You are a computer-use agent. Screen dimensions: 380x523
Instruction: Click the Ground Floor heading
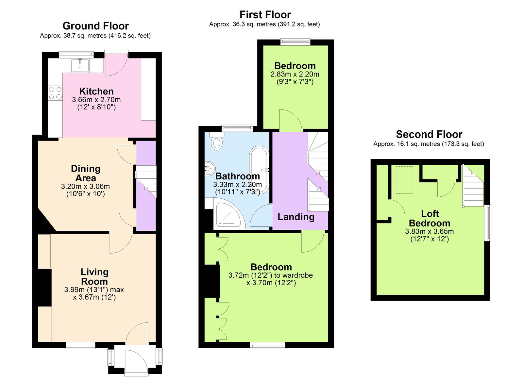click(x=95, y=26)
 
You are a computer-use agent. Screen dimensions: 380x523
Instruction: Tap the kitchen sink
click(x=79, y=65)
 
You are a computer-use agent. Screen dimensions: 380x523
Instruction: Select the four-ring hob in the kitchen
click(x=55, y=93)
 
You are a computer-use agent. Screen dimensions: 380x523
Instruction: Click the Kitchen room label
click(x=96, y=91)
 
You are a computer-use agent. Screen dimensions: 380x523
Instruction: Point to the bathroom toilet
click(x=216, y=141)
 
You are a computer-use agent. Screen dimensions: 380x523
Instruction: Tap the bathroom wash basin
click(x=210, y=168)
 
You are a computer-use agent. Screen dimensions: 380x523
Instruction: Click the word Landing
click(x=296, y=217)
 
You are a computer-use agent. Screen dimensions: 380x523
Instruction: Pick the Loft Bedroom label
click(x=430, y=218)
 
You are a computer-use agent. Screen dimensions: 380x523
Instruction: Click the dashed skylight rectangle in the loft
click(x=404, y=180)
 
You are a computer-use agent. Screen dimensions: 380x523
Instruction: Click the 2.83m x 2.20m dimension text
click(x=295, y=74)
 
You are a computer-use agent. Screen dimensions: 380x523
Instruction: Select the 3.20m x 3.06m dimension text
click(x=85, y=187)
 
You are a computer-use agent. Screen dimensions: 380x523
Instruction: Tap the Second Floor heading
click(x=429, y=134)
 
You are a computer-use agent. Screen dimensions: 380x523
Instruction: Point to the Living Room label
click(x=94, y=276)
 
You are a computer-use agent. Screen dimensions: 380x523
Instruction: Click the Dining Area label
click(x=86, y=173)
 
